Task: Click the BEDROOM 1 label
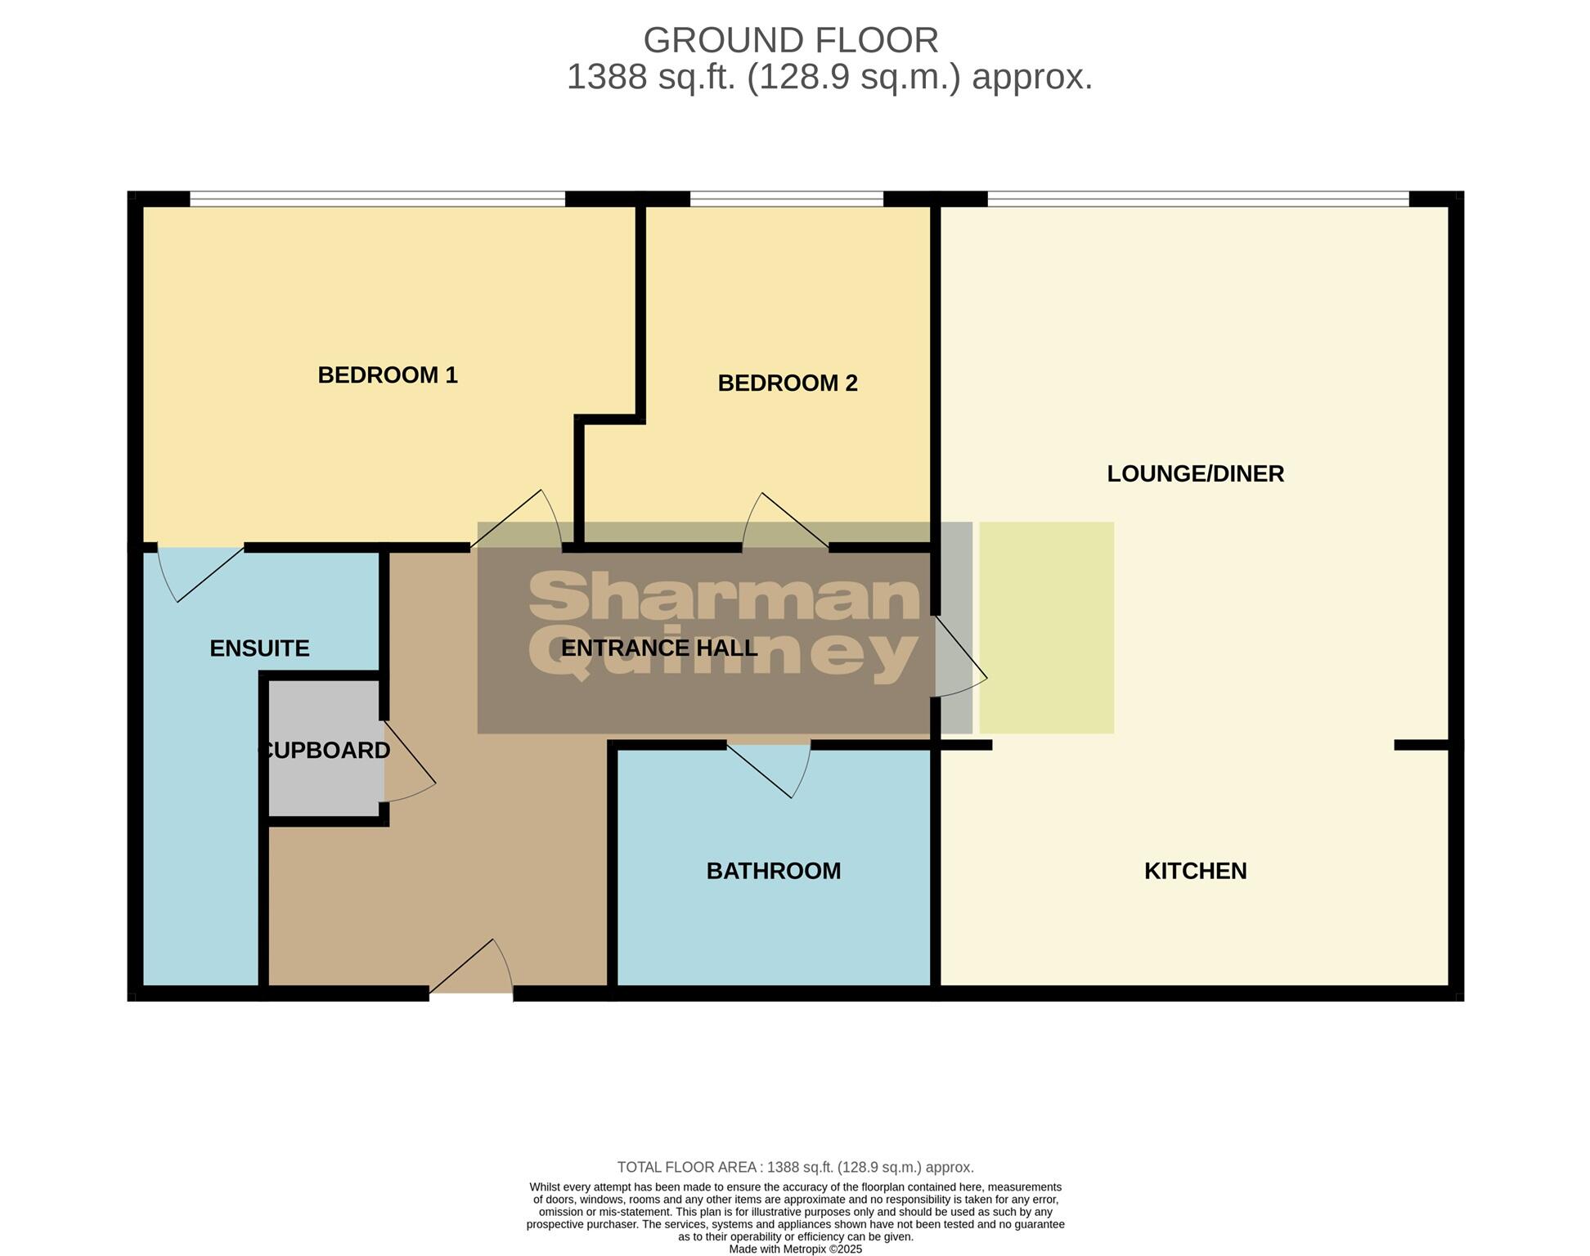[387, 375]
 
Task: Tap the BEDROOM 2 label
[787, 384]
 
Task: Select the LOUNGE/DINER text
[1195, 473]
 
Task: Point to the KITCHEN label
[1195, 871]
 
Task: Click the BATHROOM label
[773, 871]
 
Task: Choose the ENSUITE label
[259, 648]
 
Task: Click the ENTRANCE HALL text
[659, 648]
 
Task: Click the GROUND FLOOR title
[790, 40]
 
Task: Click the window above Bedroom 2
[786, 199]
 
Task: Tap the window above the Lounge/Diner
[1197, 199]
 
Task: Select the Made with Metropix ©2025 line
[795, 1249]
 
